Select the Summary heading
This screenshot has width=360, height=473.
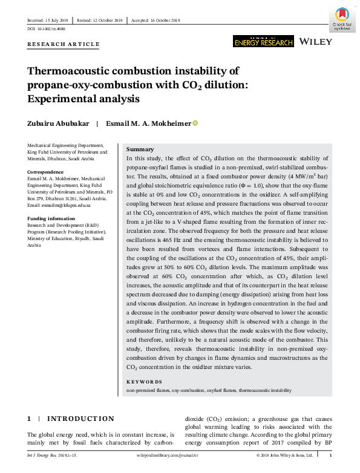point(140,149)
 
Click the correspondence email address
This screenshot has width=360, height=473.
point(59,205)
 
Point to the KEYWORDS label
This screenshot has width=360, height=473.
point(144,382)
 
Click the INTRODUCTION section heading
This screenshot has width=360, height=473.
point(80,419)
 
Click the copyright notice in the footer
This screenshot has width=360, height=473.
point(284,455)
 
